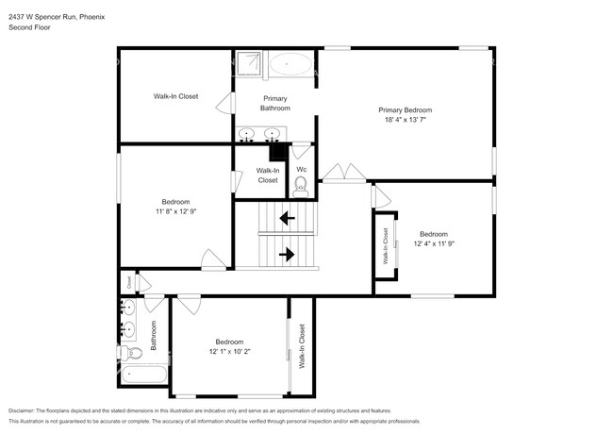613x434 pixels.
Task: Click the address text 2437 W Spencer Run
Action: coord(40,16)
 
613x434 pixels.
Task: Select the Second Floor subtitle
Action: coord(29,28)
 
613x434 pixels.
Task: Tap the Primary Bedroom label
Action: coord(406,109)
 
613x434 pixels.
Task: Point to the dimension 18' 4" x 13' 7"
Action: coord(406,120)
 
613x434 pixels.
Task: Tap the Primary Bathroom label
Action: coord(275,103)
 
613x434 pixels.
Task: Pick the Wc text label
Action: coord(302,170)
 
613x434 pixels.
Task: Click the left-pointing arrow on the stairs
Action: coord(286,219)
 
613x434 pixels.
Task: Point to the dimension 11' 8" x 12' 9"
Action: coord(175,212)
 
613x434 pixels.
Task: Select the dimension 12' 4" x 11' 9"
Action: coord(433,244)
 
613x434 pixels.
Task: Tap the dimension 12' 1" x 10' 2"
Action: coord(229,352)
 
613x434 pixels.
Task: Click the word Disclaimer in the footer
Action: coord(25,411)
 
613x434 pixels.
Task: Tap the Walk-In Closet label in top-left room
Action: coord(175,96)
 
